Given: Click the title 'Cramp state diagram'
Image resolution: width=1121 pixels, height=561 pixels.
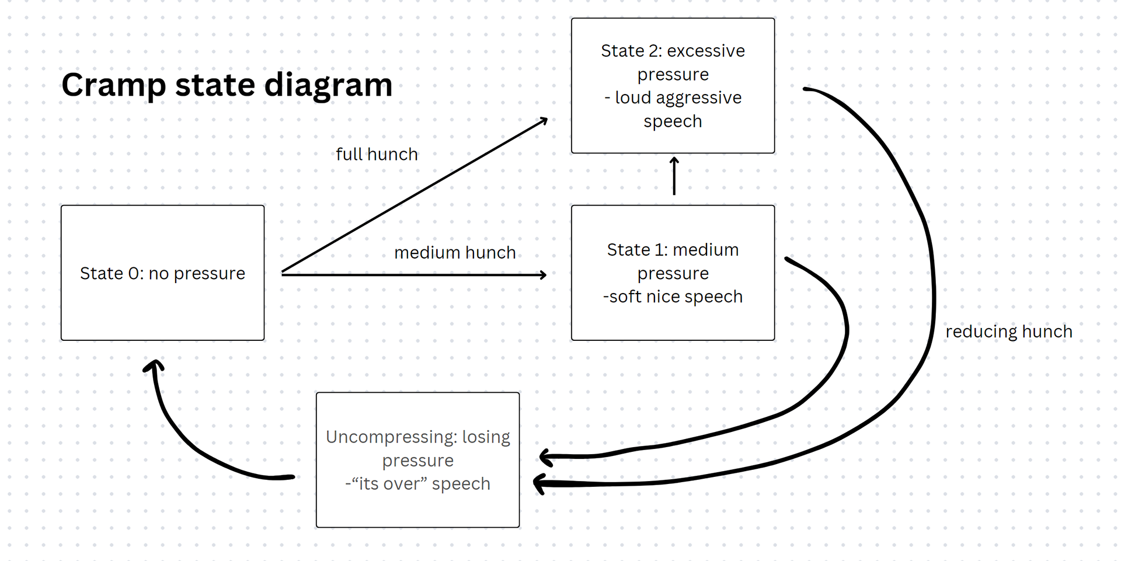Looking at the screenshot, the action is (227, 85).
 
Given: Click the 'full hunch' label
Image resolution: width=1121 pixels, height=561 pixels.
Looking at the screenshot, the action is (377, 154).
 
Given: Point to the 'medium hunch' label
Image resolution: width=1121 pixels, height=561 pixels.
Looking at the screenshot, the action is (455, 253).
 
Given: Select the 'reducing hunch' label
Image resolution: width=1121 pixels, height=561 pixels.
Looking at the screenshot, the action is (1009, 332).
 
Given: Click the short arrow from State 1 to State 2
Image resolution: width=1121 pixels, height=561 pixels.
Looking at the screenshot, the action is (674, 176).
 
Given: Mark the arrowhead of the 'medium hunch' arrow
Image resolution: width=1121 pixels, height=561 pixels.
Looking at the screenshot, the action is (543, 274).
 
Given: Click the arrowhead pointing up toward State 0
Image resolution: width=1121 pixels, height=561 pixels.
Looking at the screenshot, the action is (154, 365).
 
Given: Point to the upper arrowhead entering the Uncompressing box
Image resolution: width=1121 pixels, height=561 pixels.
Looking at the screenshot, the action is (545, 457).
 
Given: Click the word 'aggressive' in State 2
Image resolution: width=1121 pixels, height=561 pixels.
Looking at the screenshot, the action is (699, 98).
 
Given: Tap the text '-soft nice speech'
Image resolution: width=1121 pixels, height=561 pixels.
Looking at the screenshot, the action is (673, 297).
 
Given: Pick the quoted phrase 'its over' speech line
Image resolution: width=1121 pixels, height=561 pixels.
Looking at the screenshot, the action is (417, 484).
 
